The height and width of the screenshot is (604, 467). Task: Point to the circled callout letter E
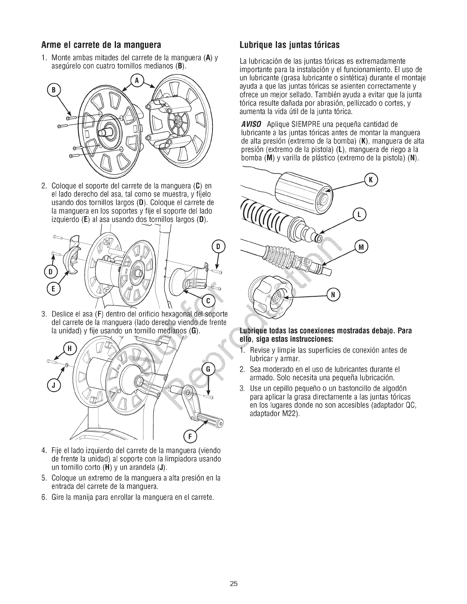(x=54, y=289)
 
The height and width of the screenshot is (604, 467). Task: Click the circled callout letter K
(x=371, y=180)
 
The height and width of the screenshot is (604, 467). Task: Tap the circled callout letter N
(x=333, y=294)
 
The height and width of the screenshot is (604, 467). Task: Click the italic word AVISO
(x=251, y=124)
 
